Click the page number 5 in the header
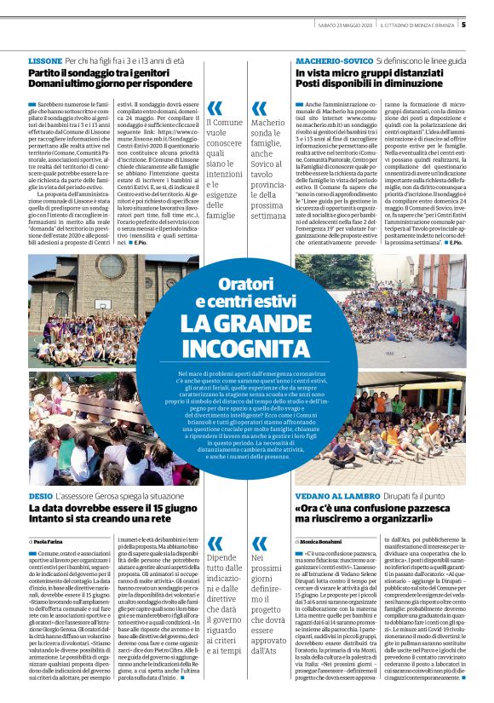coord(485,24)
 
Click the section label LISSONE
coord(45,62)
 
